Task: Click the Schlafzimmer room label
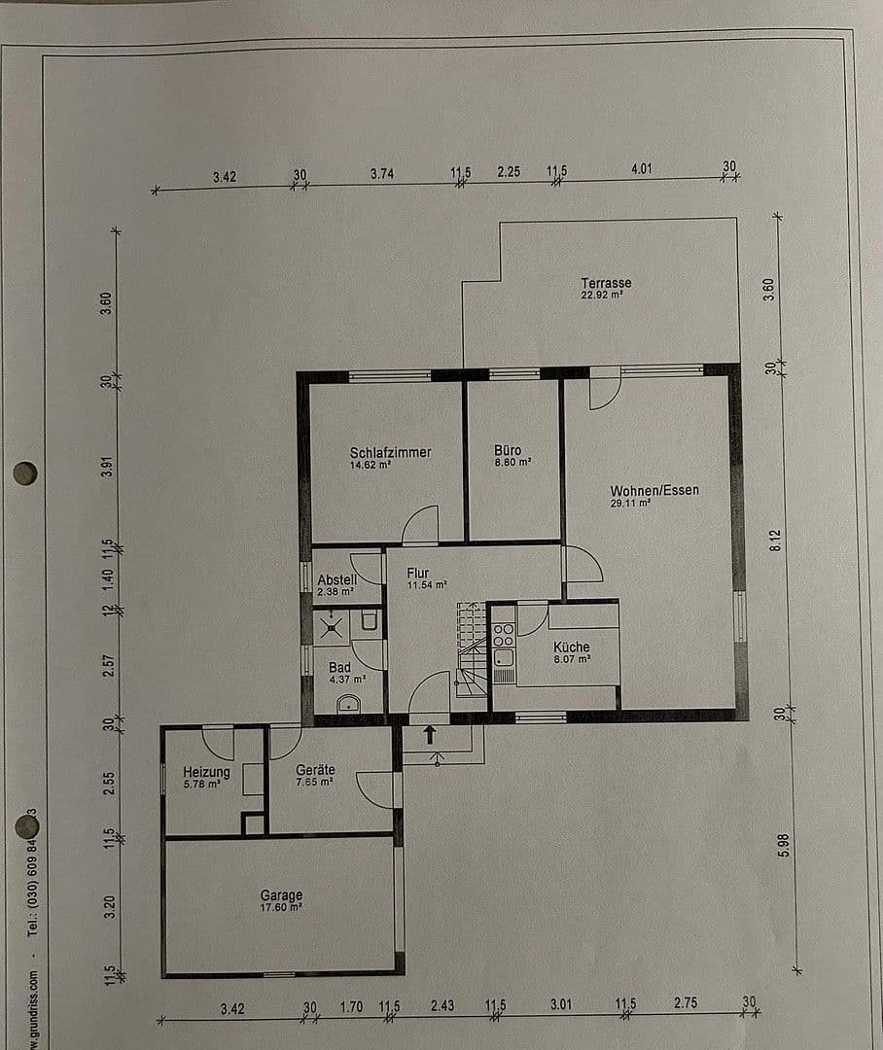pyautogui.click(x=390, y=452)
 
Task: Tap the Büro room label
pyautogui.click(x=508, y=451)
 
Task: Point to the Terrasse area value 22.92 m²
pyautogui.click(x=602, y=295)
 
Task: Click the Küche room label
pyautogui.click(x=572, y=647)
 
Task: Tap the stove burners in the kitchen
pyautogui.click(x=503, y=636)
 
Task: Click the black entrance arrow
pyautogui.click(x=429, y=734)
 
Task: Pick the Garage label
pyautogui.click(x=281, y=895)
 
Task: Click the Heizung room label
pyautogui.click(x=206, y=773)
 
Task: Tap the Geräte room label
pyautogui.click(x=315, y=770)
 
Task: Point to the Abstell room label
pyautogui.click(x=336, y=580)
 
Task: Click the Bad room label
pyautogui.click(x=339, y=668)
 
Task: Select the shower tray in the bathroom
pyautogui.click(x=332, y=626)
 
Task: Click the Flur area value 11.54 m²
pyautogui.click(x=427, y=585)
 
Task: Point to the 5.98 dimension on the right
pyautogui.click(x=784, y=845)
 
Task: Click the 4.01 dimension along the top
pyautogui.click(x=641, y=168)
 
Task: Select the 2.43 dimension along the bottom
pyautogui.click(x=442, y=1006)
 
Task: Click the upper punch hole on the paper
pyautogui.click(x=24, y=473)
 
